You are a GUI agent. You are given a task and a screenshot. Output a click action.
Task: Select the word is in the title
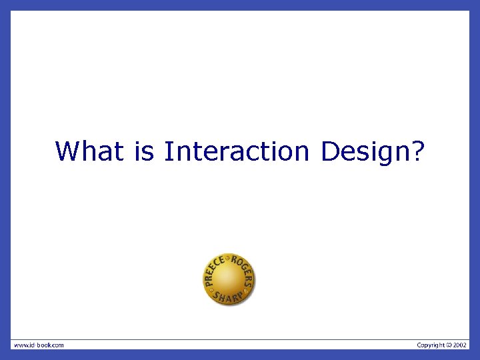[x=144, y=151]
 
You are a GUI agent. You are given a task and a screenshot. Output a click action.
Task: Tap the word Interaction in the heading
[x=237, y=151]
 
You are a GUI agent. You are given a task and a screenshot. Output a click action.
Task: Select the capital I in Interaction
[x=167, y=151]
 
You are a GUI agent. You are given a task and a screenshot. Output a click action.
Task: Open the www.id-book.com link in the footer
[x=39, y=345]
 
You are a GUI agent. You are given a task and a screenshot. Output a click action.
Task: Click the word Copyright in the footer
[x=431, y=345]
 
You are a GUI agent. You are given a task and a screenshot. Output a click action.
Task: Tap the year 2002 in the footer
[x=461, y=345]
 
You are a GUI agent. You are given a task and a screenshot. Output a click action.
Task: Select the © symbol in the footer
[x=449, y=345]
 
